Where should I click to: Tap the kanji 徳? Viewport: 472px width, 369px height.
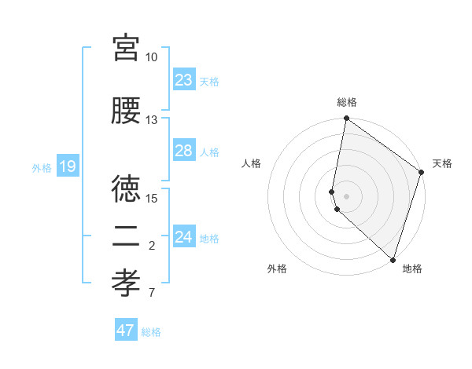[126, 187]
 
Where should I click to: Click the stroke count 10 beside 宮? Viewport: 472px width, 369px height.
[152, 57]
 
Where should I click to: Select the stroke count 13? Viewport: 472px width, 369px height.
[152, 120]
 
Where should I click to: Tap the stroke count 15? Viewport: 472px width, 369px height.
[152, 198]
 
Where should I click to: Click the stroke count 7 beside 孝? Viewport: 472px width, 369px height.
[152, 294]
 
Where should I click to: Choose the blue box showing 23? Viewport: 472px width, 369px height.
[184, 80]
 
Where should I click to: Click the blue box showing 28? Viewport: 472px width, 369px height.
[184, 151]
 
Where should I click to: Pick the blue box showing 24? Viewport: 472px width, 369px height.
[184, 237]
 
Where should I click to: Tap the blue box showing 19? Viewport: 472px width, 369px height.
[68, 166]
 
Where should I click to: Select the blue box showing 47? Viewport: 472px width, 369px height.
[126, 331]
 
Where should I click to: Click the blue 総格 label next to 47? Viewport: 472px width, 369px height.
[151, 332]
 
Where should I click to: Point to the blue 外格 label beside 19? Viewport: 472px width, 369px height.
[42, 167]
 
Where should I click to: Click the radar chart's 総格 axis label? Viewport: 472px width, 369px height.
[347, 102]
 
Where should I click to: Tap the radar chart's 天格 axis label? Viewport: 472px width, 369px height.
[443, 163]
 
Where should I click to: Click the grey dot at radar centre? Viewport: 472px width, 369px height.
[347, 195]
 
